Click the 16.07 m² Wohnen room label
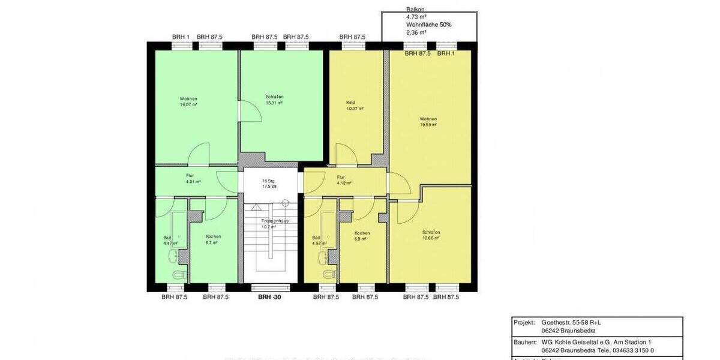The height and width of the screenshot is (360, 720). pos(188,101)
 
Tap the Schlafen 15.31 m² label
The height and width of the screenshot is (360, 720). pos(274,100)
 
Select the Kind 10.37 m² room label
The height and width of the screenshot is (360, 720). pos(355,106)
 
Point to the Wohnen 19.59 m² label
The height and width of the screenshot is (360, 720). pos(428,122)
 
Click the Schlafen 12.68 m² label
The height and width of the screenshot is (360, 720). pos(431,235)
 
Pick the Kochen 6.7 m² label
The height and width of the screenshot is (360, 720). pos(212,239)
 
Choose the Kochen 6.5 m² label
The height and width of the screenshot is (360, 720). pos(361,236)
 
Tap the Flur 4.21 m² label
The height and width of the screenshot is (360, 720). pos(193,178)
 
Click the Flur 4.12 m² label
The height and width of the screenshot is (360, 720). pos(344,180)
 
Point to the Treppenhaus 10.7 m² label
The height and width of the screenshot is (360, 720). pos(274,224)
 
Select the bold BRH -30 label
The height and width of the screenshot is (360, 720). pos(269,297)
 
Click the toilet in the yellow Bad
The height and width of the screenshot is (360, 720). pos(328,275)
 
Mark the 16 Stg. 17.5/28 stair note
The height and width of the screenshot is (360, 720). pos(268,184)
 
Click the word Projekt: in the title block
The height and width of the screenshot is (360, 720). pos(524,322)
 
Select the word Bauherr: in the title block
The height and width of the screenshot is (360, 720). pos(525,342)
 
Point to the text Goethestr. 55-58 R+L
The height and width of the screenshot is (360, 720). pos(571,322)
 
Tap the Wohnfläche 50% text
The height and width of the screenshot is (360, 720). pos(428,25)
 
